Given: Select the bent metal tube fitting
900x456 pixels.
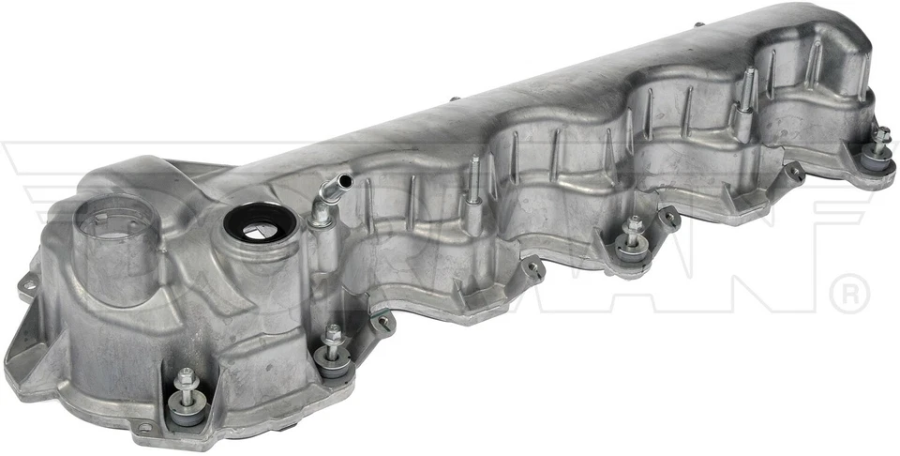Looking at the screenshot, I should [327, 192].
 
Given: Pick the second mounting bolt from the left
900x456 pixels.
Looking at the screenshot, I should [332, 335].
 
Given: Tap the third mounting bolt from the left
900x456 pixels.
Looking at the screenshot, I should [635, 228].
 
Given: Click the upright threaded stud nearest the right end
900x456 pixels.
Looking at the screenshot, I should [747, 86].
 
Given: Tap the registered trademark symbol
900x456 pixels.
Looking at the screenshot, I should [849, 294].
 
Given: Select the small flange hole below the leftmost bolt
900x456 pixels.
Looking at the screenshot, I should [144, 429].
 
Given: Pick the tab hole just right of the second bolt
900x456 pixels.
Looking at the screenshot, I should [383, 322].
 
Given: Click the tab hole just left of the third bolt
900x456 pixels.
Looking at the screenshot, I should [533, 269].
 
